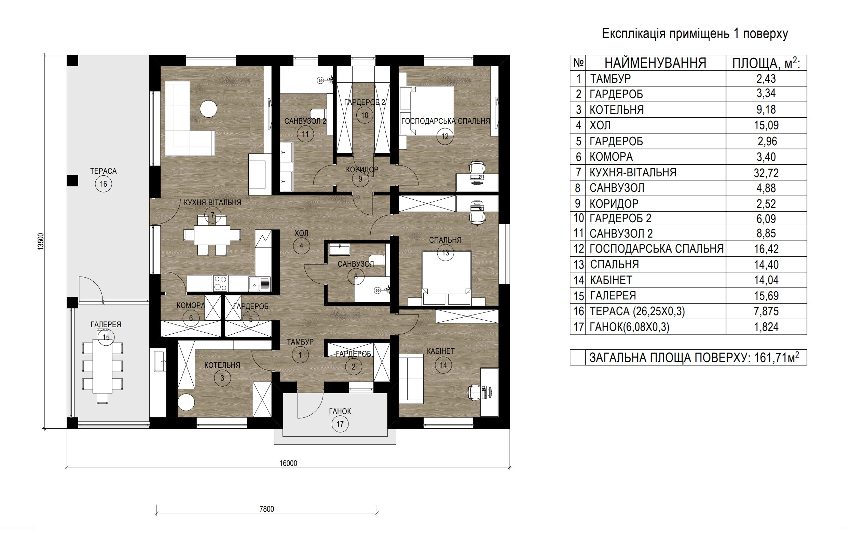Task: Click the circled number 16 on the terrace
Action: point(103,184)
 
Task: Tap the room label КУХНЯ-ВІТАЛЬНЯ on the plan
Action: point(212,203)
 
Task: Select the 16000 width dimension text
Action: point(288,464)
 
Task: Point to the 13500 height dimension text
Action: point(41,242)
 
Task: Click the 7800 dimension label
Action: point(266,509)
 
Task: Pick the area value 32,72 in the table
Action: point(766,173)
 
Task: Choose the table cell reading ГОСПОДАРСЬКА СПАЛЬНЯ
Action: point(657,249)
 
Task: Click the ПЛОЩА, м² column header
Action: point(766,63)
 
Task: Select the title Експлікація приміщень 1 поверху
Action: point(695,34)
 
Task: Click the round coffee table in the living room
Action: point(208,109)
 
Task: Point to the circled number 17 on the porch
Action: point(340,424)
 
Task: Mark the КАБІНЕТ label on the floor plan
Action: point(440,351)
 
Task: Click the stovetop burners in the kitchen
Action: point(220,283)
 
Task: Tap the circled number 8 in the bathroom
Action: point(356,277)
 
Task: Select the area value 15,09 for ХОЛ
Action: point(766,125)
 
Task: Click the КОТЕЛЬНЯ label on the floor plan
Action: point(222,365)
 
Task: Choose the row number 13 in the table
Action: point(578,265)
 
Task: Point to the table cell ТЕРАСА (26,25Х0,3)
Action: point(637,311)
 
